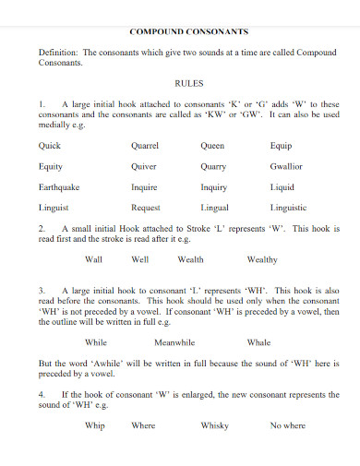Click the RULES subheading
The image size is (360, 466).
pos(188,83)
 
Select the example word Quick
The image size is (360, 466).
pos(51,146)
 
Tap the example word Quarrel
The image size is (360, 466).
pos(145,146)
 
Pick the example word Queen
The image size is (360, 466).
pos(212,146)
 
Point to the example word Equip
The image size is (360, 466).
pos(282,146)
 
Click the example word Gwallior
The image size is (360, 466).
pos(286,167)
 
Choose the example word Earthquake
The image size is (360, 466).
pos(59,187)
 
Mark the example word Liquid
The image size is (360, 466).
pos(282,187)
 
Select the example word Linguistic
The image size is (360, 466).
pos(289,208)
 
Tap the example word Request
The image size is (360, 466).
pos(146,208)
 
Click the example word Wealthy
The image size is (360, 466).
pos(262,259)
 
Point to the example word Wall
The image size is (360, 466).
pos(93,259)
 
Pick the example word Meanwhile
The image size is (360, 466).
pos(176,341)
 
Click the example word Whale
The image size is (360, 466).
pos(259,341)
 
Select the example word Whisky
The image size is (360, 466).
pos(214,425)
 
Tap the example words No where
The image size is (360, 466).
pos(287,425)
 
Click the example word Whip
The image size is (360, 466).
pos(94,425)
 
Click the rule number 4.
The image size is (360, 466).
pos(42,394)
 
